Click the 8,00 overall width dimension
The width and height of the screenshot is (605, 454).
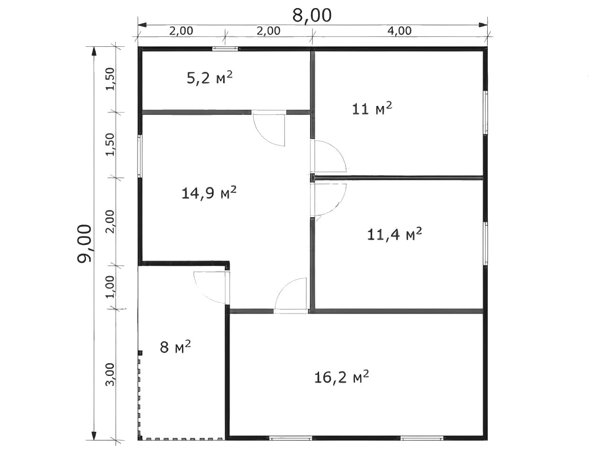312,16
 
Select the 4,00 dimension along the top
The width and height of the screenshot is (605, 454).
399,31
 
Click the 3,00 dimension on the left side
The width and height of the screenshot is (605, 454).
110,375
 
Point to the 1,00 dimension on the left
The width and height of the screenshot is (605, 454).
110,287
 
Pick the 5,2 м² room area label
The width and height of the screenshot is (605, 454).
209,78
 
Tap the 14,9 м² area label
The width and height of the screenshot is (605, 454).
209,193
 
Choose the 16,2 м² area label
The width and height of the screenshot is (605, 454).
341,377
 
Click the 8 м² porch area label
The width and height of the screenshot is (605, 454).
175,347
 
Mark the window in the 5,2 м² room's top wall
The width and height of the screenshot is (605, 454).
225,49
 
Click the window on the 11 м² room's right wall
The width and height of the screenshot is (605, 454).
486,113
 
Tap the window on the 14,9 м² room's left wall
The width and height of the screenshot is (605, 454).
140,156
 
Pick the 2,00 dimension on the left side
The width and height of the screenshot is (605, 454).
110,222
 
